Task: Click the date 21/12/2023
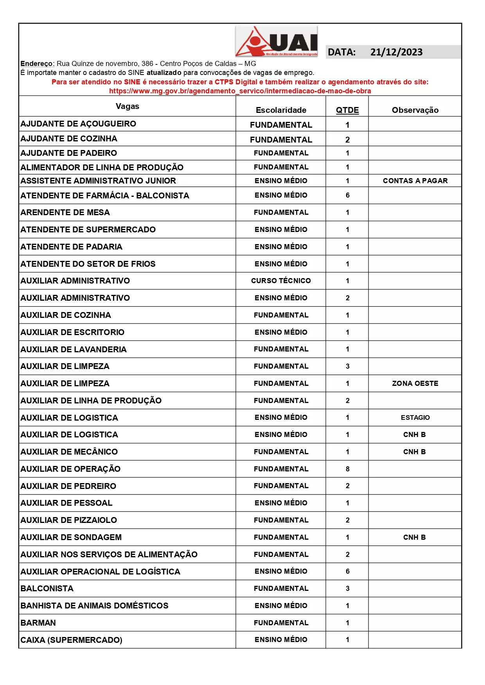[x=396, y=52]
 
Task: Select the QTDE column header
[x=347, y=110]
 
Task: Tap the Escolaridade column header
[x=281, y=110]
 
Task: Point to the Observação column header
[x=415, y=110]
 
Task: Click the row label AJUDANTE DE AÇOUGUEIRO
[x=78, y=124]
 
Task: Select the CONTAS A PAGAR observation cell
[x=415, y=181]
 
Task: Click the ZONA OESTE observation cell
[x=415, y=384]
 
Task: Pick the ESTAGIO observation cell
[x=415, y=417]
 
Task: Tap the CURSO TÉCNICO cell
[x=281, y=281]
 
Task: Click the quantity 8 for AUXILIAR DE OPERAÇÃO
[x=347, y=469]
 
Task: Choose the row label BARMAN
[x=38, y=623]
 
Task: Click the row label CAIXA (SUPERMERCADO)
[x=71, y=640]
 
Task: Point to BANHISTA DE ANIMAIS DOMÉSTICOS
[x=94, y=606]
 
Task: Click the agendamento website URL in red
[x=240, y=91]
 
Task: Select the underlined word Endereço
[x=37, y=64]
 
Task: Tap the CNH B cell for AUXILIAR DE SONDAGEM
[x=415, y=537]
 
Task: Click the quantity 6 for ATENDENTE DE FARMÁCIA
[x=347, y=195]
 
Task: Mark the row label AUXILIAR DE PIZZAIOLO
[x=68, y=520]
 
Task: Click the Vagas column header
[x=128, y=106]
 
